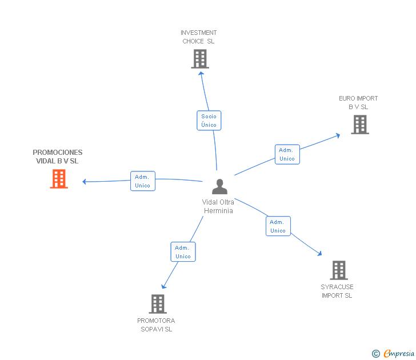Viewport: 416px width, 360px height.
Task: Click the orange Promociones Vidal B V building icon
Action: [59, 179]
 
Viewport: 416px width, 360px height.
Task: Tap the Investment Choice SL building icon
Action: [199, 59]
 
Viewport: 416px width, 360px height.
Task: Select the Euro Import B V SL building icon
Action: [359, 125]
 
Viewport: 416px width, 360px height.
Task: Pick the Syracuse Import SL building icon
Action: [338, 270]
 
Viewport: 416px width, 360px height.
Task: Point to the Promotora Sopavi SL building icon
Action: [158, 304]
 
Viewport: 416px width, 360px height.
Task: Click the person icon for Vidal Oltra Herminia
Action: [219, 187]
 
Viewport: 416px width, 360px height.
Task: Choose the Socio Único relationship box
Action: [209, 121]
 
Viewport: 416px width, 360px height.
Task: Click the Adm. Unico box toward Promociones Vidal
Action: [142, 181]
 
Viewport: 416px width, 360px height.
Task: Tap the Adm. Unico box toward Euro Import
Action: [287, 154]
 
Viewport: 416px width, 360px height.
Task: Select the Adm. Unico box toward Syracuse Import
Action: [278, 226]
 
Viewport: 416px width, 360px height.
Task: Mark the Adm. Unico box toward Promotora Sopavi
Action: [183, 252]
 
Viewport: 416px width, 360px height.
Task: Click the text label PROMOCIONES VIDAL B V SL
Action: [57, 157]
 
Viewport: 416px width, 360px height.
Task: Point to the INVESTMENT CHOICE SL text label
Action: [198, 37]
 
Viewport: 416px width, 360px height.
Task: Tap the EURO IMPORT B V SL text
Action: [358, 102]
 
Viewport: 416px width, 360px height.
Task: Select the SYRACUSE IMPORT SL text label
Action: [337, 291]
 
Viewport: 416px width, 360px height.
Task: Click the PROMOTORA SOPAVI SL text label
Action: [156, 325]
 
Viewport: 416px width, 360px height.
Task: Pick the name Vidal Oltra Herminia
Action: [218, 206]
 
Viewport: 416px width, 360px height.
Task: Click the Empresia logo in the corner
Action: [398, 354]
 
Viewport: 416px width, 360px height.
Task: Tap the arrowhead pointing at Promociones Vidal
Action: [84, 182]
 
